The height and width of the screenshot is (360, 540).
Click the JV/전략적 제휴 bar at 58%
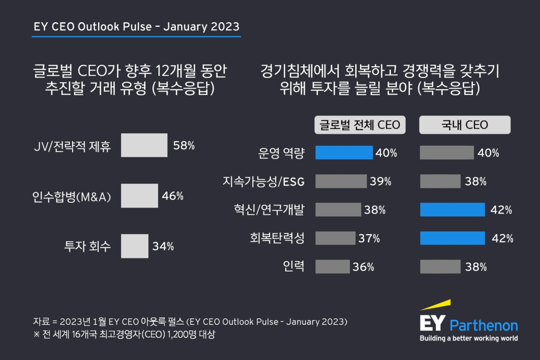(x=144, y=145)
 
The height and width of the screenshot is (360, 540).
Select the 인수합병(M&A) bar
(x=139, y=196)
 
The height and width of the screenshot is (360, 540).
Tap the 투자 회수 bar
(x=135, y=246)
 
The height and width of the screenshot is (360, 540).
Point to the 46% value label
(x=172, y=196)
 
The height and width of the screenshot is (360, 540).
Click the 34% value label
(x=163, y=247)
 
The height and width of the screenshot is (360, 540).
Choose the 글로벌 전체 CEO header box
(x=360, y=125)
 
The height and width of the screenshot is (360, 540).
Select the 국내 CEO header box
(x=465, y=125)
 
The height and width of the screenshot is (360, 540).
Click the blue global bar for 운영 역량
(x=344, y=153)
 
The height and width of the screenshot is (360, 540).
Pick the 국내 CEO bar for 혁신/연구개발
(x=452, y=210)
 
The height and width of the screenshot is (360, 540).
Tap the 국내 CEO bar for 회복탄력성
(x=452, y=238)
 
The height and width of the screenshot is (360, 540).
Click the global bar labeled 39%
(x=341, y=181)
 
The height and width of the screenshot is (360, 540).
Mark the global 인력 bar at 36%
(x=332, y=267)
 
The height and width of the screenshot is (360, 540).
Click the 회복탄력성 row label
(x=277, y=238)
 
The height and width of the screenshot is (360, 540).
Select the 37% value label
(x=369, y=238)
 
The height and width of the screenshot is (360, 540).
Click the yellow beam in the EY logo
(x=436, y=304)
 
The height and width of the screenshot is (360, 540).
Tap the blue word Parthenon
(x=484, y=326)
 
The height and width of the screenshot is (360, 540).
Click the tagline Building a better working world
(x=469, y=338)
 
